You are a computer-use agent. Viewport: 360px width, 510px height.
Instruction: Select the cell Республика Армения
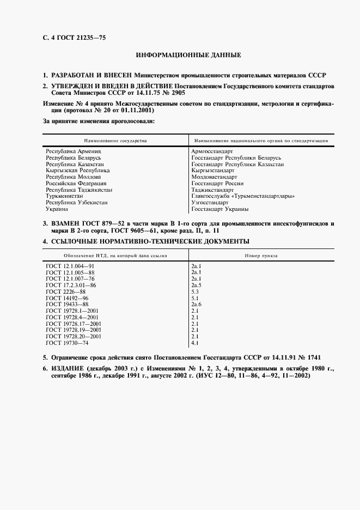point(74,150)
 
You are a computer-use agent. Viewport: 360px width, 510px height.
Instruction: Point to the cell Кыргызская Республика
point(77,170)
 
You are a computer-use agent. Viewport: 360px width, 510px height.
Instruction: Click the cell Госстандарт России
point(217,183)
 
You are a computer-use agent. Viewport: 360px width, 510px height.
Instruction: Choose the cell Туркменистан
point(64,196)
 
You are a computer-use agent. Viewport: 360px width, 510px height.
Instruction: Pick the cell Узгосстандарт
point(210,203)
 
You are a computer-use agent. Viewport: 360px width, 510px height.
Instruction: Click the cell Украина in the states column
point(57,209)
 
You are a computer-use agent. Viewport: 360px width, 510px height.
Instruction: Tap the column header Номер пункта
point(261,255)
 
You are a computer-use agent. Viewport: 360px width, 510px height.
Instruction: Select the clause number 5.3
point(195,292)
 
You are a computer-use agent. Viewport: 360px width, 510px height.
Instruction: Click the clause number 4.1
point(195,343)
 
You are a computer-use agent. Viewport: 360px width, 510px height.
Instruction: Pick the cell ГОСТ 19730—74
point(67,343)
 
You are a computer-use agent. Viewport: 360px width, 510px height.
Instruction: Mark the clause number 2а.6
point(197,304)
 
